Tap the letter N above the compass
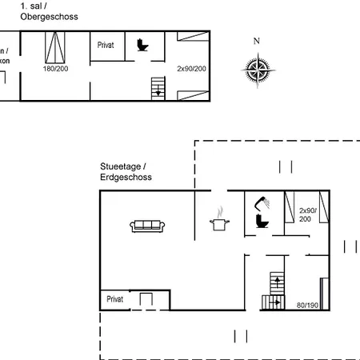[256, 42]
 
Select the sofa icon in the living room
[147, 226]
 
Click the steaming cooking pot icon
[217, 222]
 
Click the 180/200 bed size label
[55, 69]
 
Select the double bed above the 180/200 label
[56, 48]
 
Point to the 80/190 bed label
[306, 305]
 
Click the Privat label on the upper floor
[106, 46]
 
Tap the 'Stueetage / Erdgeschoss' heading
[126, 172]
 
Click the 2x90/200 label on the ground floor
[308, 214]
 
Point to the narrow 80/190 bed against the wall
[323, 293]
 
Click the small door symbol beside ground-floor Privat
[146, 300]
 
